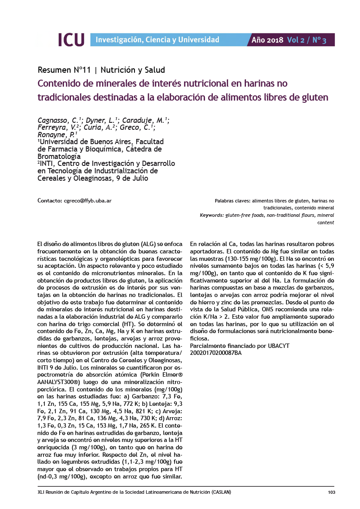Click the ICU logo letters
tap(71, 40)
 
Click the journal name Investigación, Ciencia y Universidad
tap(157, 40)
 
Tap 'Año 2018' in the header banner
tap(267, 40)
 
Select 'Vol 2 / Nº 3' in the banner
tap(306, 40)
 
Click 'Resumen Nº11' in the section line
tap(64, 70)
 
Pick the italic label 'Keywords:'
tap(211, 216)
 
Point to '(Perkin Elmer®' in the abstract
tap(163, 374)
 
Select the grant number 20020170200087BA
tap(216, 353)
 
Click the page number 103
tap(331, 492)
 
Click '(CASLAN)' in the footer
tap(221, 492)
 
